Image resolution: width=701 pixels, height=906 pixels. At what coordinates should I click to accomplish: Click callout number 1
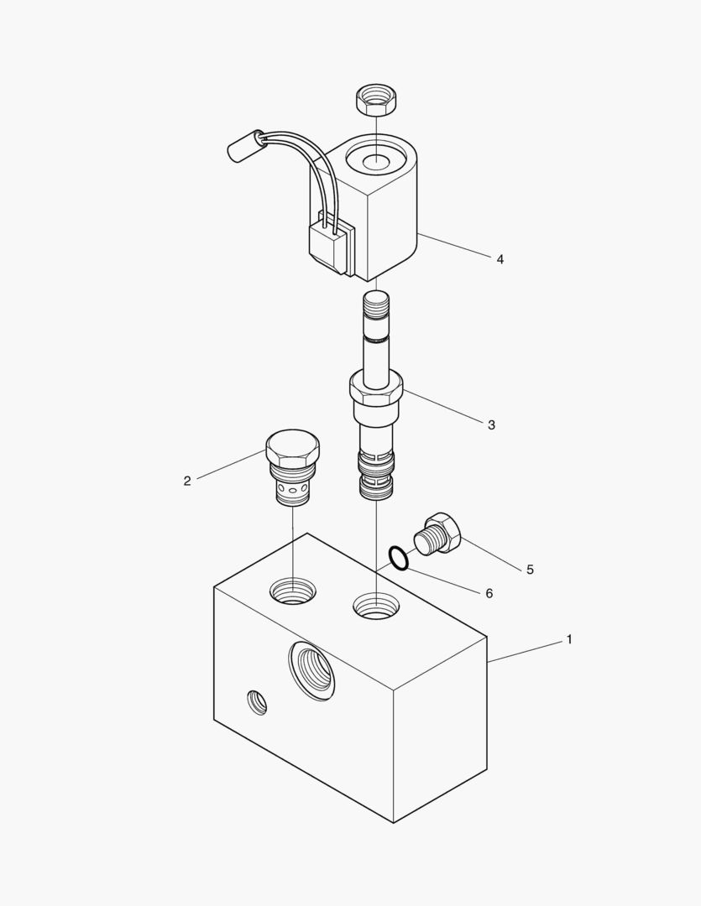pyautogui.click(x=569, y=639)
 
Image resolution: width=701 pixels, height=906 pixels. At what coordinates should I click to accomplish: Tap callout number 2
pyautogui.click(x=187, y=481)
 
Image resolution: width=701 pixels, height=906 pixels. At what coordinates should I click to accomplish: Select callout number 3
pyautogui.click(x=492, y=425)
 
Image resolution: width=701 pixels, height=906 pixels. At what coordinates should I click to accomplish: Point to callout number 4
pyautogui.click(x=500, y=259)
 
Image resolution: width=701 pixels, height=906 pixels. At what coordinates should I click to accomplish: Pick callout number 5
pyautogui.click(x=530, y=570)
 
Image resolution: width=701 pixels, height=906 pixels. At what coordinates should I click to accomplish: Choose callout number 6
pyautogui.click(x=489, y=593)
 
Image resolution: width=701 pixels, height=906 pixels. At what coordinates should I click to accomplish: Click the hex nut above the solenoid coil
pyautogui.click(x=375, y=99)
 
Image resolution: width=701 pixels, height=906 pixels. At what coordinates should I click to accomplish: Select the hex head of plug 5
pyautogui.click(x=447, y=531)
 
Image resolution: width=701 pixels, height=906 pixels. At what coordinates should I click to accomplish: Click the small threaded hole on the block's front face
pyautogui.click(x=257, y=702)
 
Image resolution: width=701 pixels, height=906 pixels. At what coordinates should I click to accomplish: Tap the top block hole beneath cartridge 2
pyautogui.click(x=293, y=591)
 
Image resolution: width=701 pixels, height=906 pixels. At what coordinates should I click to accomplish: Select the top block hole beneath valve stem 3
pyautogui.click(x=377, y=607)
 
